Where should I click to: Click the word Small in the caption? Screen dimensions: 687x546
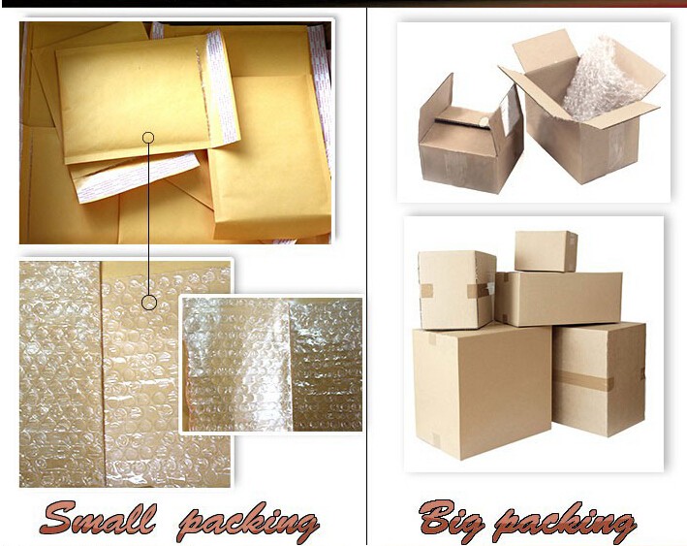(97, 518)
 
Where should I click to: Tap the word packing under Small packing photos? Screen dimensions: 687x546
(248, 521)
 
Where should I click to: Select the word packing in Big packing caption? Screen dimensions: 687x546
(564, 521)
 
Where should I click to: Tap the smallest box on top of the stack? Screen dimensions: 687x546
(546, 251)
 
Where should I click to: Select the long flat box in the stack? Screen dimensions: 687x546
(559, 299)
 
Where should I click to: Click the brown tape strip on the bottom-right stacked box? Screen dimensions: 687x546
(582, 380)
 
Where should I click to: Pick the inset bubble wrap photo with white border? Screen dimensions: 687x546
(272, 364)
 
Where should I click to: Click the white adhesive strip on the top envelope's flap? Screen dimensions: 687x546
(220, 87)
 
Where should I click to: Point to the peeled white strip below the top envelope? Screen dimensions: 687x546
(136, 176)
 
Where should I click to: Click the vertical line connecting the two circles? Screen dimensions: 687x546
(148, 219)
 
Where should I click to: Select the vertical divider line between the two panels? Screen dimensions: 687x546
(366, 276)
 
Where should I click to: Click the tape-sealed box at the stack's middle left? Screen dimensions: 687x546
(455, 289)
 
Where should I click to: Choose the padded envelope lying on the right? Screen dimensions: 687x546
(269, 156)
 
